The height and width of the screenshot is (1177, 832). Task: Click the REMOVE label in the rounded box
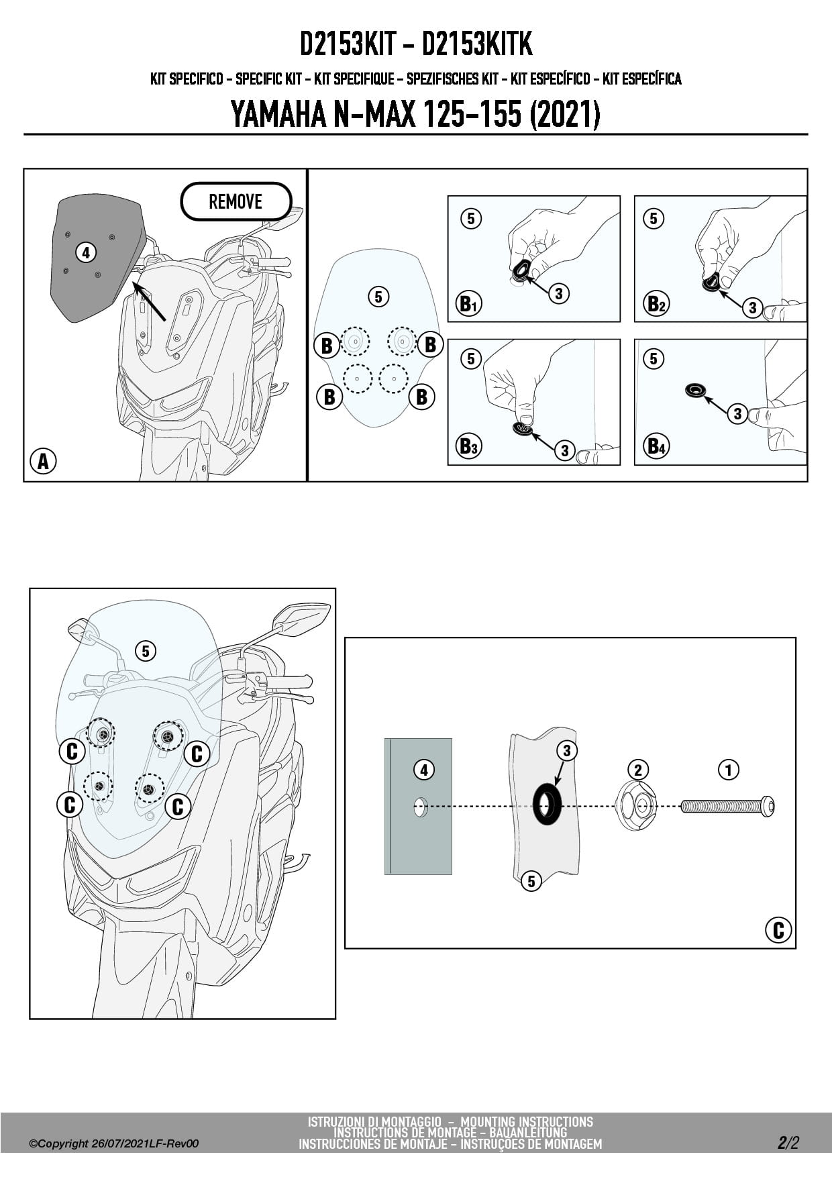pyautogui.click(x=236, y=201)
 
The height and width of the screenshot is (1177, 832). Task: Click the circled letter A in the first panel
pyautogui.click(x=43, y=461)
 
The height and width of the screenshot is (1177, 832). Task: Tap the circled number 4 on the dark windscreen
pyautogui.click(x=85, y=253)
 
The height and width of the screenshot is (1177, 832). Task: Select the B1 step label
pyautogui.click(x=468, y=304)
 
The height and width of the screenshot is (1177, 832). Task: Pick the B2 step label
pyautogui.click(x=656, y=304)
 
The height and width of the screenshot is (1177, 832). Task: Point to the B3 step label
pyautogui.click(x=468, y=446)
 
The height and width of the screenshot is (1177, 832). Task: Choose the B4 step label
pyautogui.click(x=656, y=446)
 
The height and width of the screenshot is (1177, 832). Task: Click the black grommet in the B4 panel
pyautogui.click(x=696, y=390)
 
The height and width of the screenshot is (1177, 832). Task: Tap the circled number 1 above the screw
pyautogui.click(x=729, y=769)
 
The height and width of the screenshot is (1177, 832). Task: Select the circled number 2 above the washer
pyautogui.click(x=637, y=770)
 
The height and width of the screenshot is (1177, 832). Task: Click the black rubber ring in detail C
pyautogui.click(x=547, y=804)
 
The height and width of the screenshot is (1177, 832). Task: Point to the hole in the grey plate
pyautogui.click(x=420, y=807)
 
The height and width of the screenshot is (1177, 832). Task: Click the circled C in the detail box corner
pyautogui.click(x=778, y=930)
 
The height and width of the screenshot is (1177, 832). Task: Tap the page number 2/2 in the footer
pyautogui.click(x=788, y=1143)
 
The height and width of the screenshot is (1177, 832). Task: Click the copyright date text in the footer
pyautogui.click(x=114, y=1143)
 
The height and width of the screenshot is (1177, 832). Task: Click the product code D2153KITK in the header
pyautogui.click(x=477, y=44)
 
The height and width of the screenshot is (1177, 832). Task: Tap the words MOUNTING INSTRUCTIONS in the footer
pyautogui.click(x=527, y=1121)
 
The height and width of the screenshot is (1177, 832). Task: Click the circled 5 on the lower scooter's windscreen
pyautogui.click(x=146, y=650)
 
